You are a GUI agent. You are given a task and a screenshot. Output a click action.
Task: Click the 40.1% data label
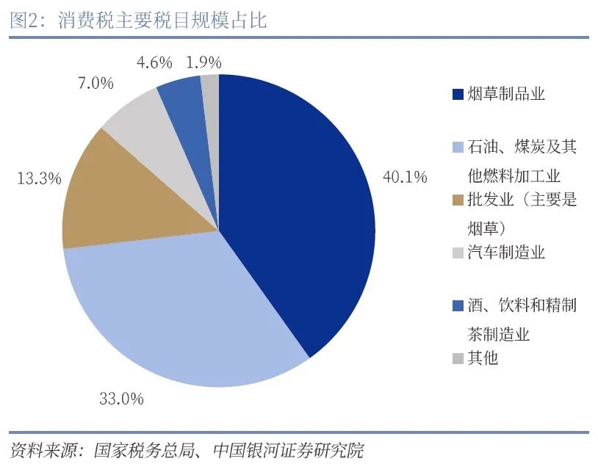(x=405, y=177)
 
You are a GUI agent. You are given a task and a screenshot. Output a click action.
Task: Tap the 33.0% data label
(x=121, y=399)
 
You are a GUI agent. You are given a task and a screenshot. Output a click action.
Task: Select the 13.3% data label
(x=39, y=178)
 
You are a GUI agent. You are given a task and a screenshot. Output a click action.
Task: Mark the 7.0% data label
(x=96, y=83)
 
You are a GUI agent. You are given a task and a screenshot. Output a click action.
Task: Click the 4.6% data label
(x=154, y=62)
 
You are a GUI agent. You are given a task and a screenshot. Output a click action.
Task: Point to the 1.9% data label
(x=203, y=62)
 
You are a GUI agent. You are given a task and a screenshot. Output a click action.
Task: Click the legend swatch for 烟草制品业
(x=458, y=95)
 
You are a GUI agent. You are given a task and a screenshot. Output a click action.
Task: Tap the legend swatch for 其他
(x=458, y=358)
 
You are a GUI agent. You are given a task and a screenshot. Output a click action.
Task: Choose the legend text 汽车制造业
(x=506, y=253)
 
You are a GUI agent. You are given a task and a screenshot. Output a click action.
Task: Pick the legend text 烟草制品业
(x=506, y=94)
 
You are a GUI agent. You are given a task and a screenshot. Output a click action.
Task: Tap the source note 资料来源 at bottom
(x=187, y=449)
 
